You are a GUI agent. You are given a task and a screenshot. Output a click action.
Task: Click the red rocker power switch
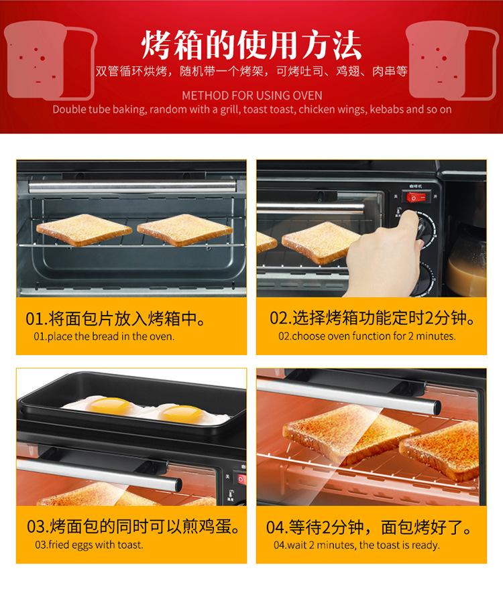tap(416, 197)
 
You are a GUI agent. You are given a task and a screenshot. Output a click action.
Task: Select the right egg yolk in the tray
tap(180, 413)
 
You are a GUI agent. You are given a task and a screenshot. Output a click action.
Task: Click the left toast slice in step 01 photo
tap(84, 229)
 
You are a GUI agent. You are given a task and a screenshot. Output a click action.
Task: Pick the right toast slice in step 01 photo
tap(184, 229)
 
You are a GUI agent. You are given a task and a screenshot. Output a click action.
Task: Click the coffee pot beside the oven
tap(467, 258)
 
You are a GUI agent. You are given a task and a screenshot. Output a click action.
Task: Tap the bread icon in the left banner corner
tap(50, 61)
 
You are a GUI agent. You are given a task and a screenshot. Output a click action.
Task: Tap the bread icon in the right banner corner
tap(452, 61)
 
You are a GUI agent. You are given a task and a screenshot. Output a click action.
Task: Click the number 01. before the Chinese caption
tap(36, 318)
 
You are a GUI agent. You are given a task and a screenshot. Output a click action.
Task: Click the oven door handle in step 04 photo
tap(349, 395)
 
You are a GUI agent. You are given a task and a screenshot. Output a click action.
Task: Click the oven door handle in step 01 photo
tap(132, 186)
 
